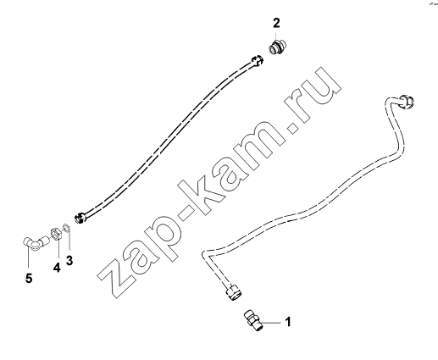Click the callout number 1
pos(288,322)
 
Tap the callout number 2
pos(276,23)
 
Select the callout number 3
pos(69,260)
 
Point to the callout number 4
pos(57,267)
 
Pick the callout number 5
pos(29,278)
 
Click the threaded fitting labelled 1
pos(252,320)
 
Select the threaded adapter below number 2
pos(277,46)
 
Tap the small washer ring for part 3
pos(67,227)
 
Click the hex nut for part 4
pos(55,234)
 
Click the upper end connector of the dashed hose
pos(257,61)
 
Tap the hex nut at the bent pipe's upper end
pos(407,102)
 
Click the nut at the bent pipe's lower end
pos(233,292)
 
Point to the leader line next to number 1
pos(270,322)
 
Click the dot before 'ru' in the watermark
pos(292,127)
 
